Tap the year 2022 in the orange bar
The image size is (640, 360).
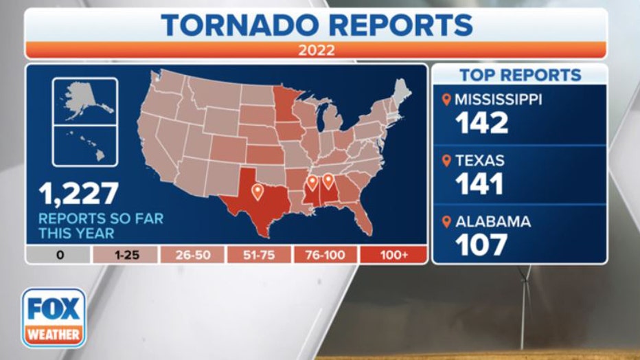316,50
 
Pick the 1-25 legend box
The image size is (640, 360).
125,255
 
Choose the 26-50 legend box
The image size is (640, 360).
192,255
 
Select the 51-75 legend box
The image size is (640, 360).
259,255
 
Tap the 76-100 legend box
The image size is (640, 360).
325,255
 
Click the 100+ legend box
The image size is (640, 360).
393,255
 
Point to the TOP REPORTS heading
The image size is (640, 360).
520,75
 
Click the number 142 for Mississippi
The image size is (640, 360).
481,123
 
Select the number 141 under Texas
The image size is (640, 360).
481,184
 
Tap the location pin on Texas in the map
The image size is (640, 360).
258,191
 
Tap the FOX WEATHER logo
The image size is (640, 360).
54,317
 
